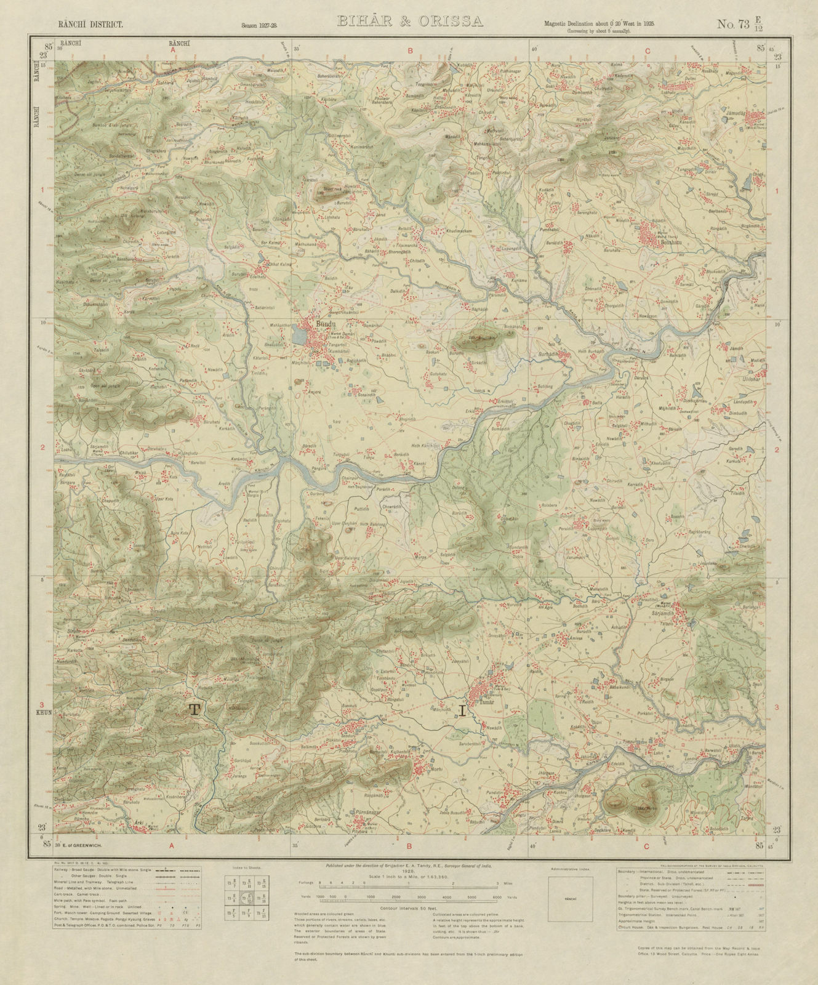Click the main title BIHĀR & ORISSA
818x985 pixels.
(409, 22)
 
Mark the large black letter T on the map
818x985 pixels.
(194, 709)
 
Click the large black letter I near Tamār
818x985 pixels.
(462, 712)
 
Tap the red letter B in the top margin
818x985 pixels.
(409, 52)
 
